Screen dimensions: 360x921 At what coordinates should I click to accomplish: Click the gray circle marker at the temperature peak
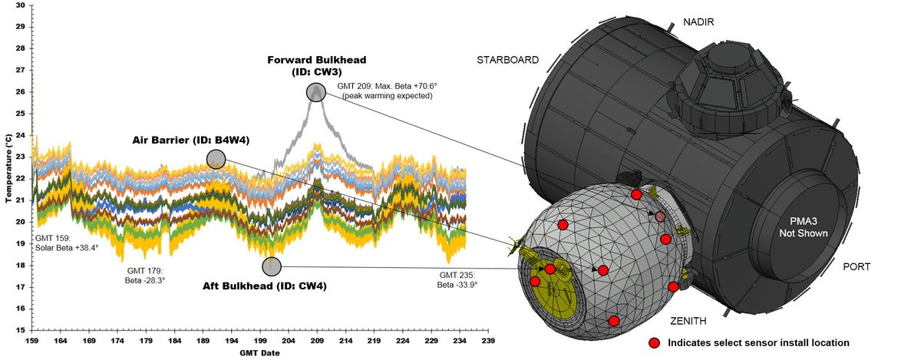(315, 92)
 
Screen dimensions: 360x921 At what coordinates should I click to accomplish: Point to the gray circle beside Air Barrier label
(216, 159)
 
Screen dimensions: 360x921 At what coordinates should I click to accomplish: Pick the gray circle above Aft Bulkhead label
(272, 266)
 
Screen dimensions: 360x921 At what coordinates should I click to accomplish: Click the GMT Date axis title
(258, 353)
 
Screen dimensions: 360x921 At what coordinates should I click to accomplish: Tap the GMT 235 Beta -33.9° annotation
(458, 279)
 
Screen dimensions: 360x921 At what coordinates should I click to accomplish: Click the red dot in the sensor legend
(654, 343)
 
